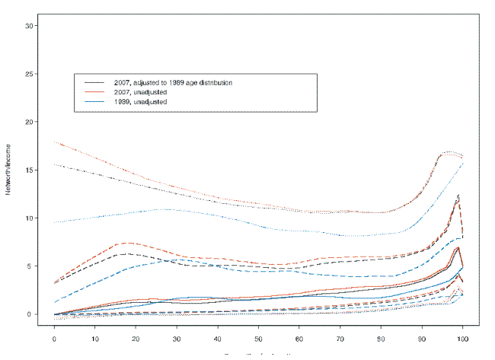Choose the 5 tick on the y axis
(31, 266)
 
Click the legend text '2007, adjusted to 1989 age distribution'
(177, 81)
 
